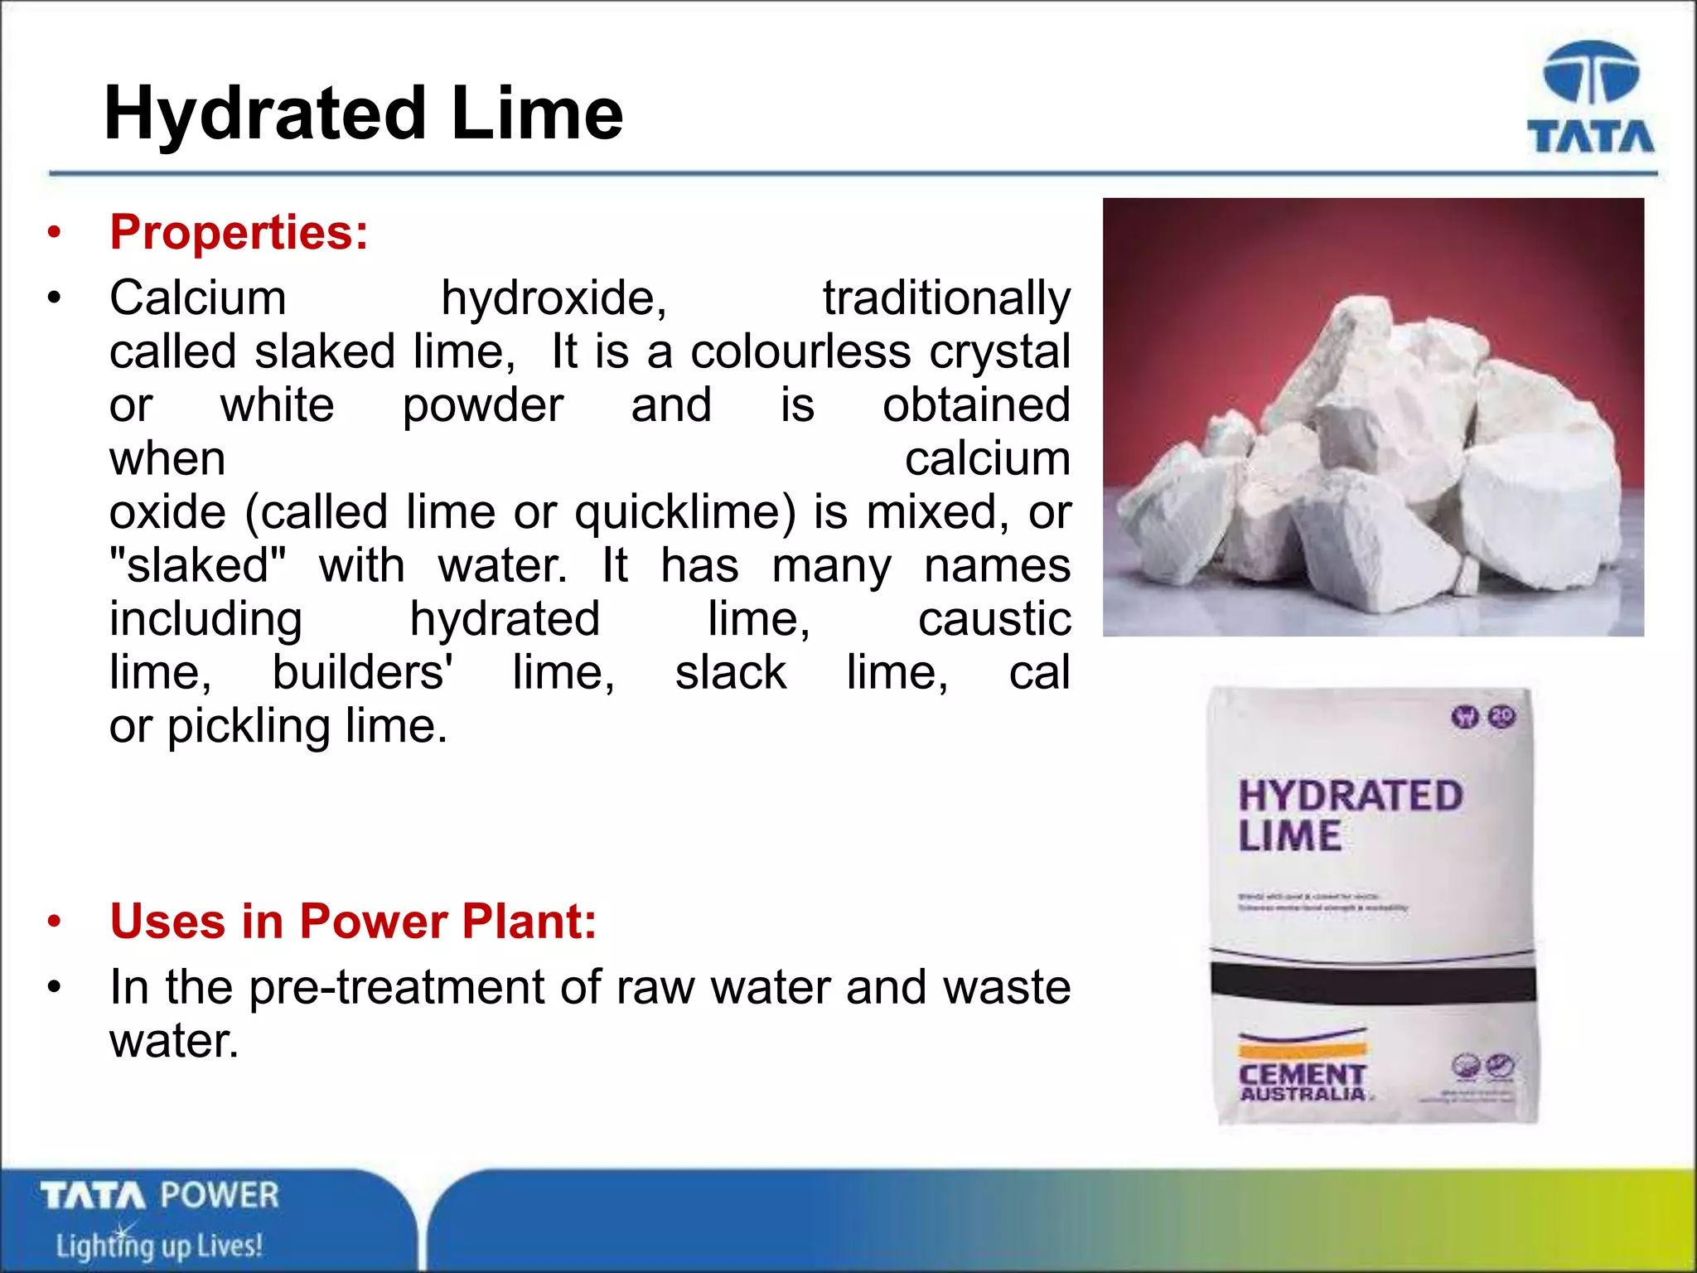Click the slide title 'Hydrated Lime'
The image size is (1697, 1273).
point(363,114)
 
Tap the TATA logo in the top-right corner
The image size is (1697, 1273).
point(1590,98)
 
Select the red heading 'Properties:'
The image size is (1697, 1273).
point(239,231)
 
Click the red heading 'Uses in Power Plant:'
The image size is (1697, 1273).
point(353,921)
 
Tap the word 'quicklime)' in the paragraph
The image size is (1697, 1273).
point(684,511)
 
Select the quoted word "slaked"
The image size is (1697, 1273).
point(197,565)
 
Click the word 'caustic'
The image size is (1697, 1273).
point(994,618)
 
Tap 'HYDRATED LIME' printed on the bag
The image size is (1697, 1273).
point(1349,815)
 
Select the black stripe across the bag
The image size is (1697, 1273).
point(1373,984)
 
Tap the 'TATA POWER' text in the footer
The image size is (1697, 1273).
point(160,1196)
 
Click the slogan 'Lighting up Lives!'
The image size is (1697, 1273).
point(159,1245)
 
